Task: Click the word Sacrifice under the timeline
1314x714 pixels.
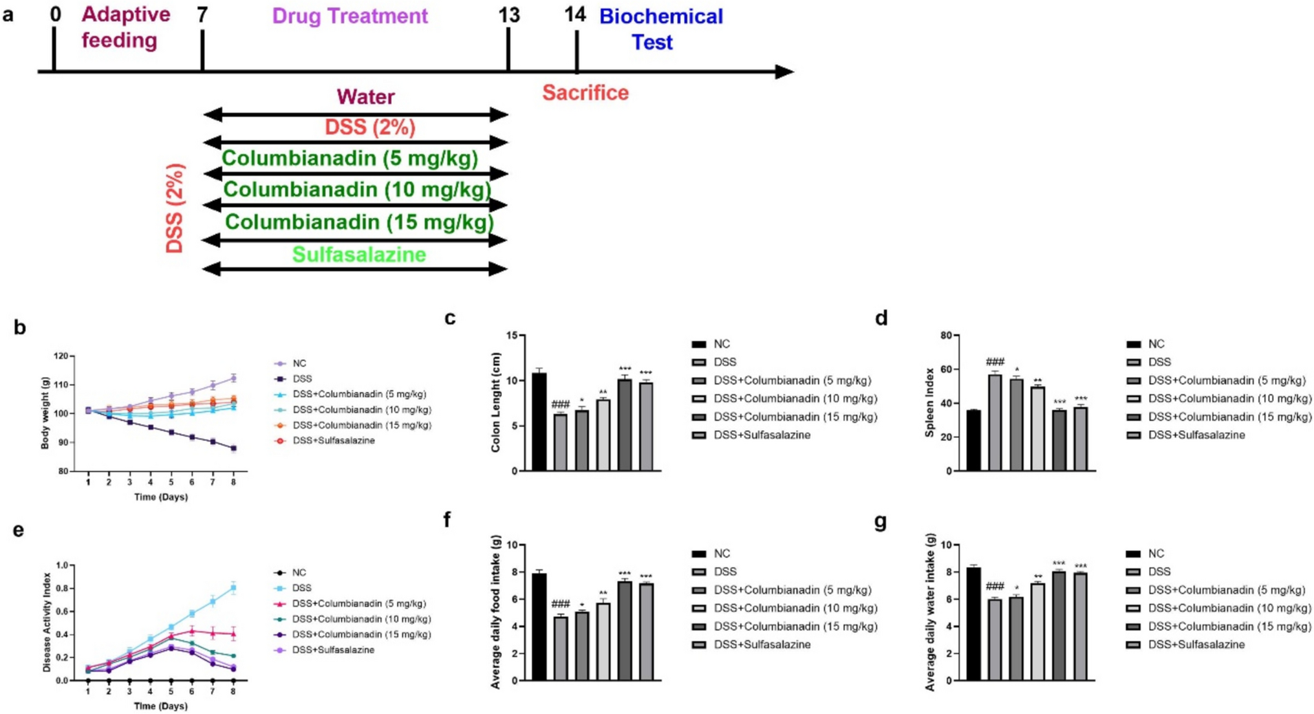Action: pos(585,92)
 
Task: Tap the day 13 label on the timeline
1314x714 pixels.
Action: pos(509,15)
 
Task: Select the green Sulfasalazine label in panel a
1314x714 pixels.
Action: pos(359,254)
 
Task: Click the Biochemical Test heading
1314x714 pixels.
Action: pos(661,29)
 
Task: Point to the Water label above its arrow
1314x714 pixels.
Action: pos(365,97)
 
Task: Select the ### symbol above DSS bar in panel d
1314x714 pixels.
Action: pos(995,362)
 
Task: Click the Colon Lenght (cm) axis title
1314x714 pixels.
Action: pos(497,402)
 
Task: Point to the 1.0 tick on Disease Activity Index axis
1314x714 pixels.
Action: pos(62,565)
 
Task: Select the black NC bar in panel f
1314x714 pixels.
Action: pos(539,627)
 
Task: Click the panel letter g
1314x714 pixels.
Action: pos(880,521)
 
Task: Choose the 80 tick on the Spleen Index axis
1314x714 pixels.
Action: pos(945,336)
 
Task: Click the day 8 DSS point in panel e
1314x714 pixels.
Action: pos(233,588)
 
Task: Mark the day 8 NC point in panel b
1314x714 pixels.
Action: pos(233,378)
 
